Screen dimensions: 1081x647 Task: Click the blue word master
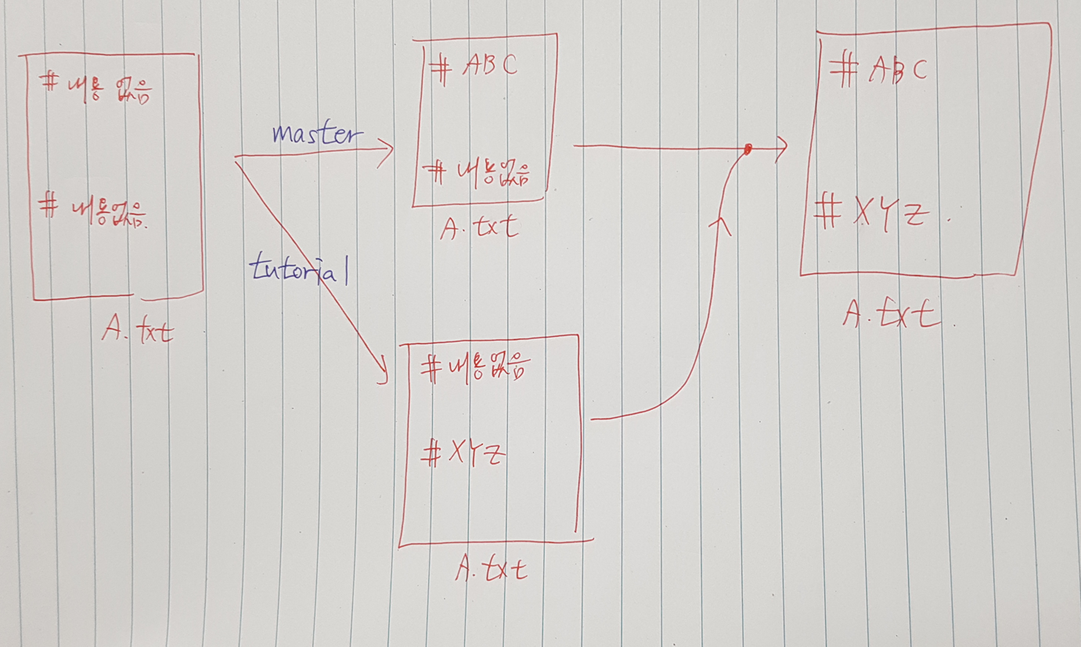click(x=318, y=135)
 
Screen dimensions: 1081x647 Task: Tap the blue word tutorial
click(x=298, y=270)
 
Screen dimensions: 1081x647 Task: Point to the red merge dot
click(x=748, y=149)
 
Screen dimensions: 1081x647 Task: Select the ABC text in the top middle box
click(x=490, y=67)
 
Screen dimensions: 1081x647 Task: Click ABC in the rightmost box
click(x=897, y=70)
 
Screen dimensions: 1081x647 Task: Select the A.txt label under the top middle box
click(x=479, y=229)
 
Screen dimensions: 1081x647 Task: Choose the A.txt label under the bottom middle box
click(x=492, y=569)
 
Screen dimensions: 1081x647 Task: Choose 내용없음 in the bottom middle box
click(x=490, y=367)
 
